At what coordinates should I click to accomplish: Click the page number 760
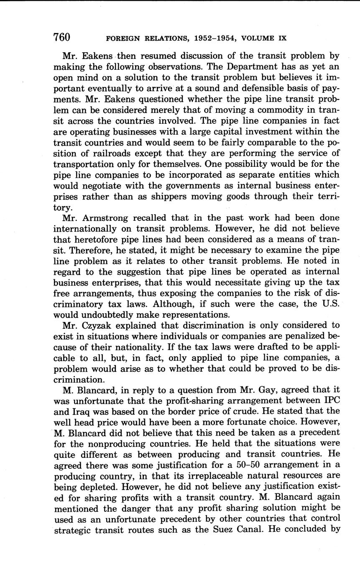(61, 37)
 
